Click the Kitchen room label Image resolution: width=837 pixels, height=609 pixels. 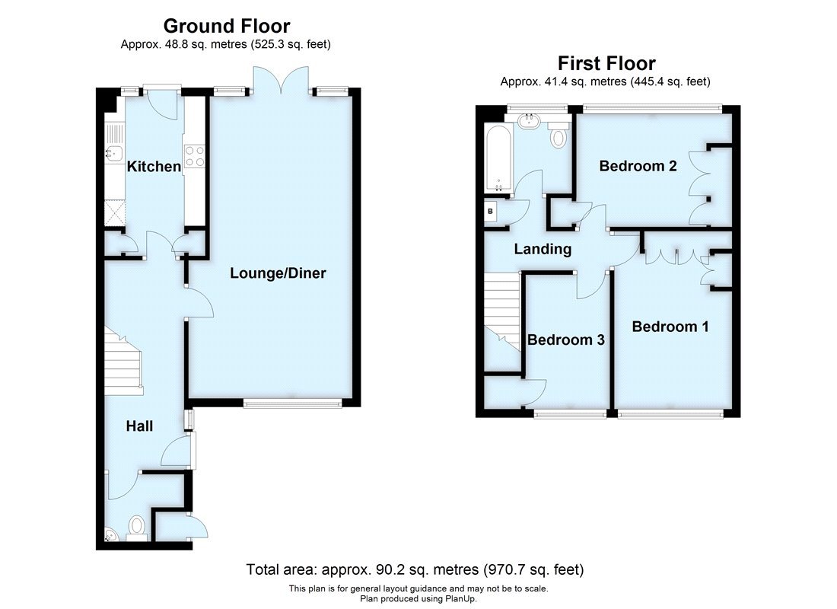(x=154, y=166)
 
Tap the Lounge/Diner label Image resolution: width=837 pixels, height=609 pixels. (x=278, y=273)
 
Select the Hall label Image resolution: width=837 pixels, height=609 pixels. (x=139, y=426)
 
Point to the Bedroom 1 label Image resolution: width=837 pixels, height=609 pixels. (x=670, y=327)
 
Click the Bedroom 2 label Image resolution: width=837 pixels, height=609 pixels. (x=638, y=166)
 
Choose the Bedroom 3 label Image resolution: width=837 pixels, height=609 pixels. (x=566, y=340)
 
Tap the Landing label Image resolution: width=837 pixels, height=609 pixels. (x=543, y=249)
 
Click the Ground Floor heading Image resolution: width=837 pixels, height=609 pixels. (x=226, y=27)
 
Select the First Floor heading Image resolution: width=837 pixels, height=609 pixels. (x=606, y=62)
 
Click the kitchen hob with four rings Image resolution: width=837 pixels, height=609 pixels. (x=194, y=155)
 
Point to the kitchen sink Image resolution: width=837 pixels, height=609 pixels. (x=114, y=152)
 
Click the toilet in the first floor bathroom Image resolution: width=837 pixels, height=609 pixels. (x=559, y=137)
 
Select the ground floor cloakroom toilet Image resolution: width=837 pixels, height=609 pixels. (x=137, y=526)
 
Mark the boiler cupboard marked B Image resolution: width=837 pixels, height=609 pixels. (x=491, y=212)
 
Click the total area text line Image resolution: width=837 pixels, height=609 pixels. (x=415, y=569)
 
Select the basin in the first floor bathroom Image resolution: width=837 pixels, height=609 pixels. (x=528, y=120)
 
